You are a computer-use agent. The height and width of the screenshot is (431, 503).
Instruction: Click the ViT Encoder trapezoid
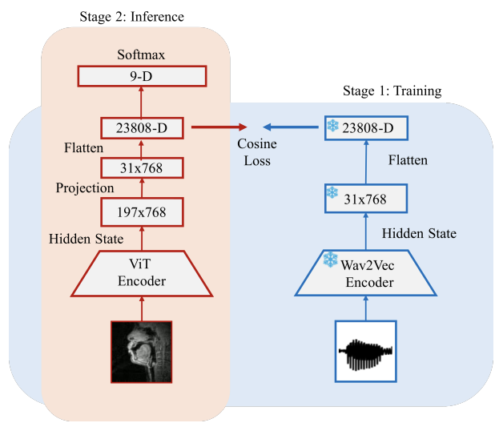coord(142,273)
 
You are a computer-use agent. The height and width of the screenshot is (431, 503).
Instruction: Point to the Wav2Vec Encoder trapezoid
coord(366,273)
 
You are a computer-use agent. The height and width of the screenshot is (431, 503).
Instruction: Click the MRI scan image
coord(142,352)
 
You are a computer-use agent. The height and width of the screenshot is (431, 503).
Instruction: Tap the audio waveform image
coord(366,352)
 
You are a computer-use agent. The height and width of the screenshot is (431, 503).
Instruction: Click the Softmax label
coord(141,54)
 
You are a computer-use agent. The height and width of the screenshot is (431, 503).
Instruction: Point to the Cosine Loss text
coord(257,152)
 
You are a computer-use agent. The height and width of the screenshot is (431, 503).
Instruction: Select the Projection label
coord(85,188)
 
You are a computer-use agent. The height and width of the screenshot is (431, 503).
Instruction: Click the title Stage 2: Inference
coord(132,17)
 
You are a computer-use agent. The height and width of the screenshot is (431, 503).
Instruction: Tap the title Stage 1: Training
coord(392,91)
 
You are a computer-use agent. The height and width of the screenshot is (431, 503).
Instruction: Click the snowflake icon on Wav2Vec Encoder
coord(331,260)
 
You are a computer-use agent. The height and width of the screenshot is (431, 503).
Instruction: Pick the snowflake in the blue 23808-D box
coord(332,126)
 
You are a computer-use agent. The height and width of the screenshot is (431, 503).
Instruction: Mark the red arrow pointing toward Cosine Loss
coord(219,127)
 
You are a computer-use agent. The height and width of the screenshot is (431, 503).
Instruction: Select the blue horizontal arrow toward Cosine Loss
coord(291,127)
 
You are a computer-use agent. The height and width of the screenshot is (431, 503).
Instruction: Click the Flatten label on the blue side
coord(408,159)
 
